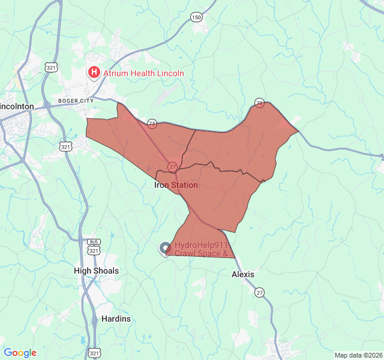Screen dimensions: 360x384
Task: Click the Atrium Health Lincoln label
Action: point(143,73)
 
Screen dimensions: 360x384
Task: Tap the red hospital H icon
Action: point(94,73)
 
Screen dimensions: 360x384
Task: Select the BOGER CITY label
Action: point(76,101)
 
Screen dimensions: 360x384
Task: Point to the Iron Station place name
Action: point(176,185)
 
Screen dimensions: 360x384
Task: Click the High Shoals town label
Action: point(97,271)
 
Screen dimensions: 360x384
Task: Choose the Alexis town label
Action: point(243,274)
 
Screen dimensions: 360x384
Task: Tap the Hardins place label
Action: point(116,319)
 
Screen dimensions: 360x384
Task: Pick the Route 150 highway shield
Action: point(196,17)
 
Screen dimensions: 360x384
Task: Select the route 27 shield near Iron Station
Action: point(172,166)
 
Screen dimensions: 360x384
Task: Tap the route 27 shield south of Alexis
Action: point(259,292)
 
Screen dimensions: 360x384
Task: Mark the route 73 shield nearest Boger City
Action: point(152,124)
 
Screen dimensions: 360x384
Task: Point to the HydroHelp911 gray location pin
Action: point(165,248)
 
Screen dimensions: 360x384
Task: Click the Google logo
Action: point(20,353)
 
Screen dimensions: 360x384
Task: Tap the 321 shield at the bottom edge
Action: point(94,353)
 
